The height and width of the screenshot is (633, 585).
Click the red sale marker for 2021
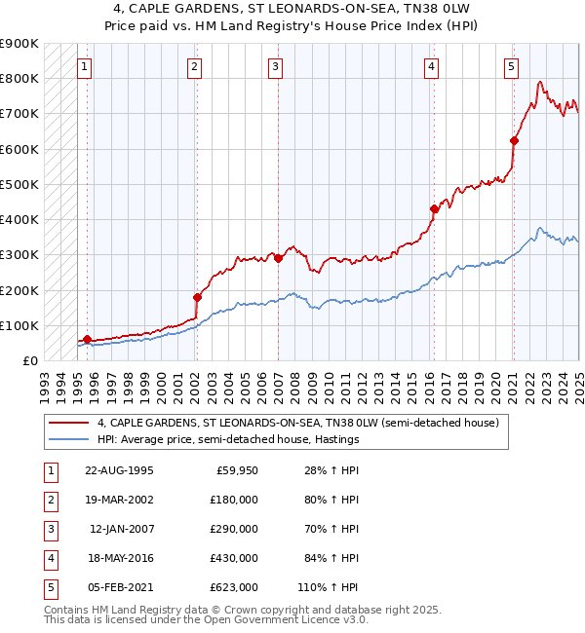point(514,140)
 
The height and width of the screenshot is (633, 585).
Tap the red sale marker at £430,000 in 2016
point(435,208)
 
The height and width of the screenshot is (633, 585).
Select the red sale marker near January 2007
point(278,258)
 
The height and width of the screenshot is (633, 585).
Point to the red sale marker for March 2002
point(197,297)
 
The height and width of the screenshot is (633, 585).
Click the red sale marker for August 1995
point(87,340)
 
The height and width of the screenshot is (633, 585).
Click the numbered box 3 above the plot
point(276,66)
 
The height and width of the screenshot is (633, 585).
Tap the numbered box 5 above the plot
point(511,66)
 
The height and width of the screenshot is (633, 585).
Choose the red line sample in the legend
point(69,423)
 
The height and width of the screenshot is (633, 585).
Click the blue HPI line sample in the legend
point(69,439)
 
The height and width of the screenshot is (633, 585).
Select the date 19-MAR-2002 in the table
point(119,499)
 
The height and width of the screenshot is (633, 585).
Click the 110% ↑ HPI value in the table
point(329,587)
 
